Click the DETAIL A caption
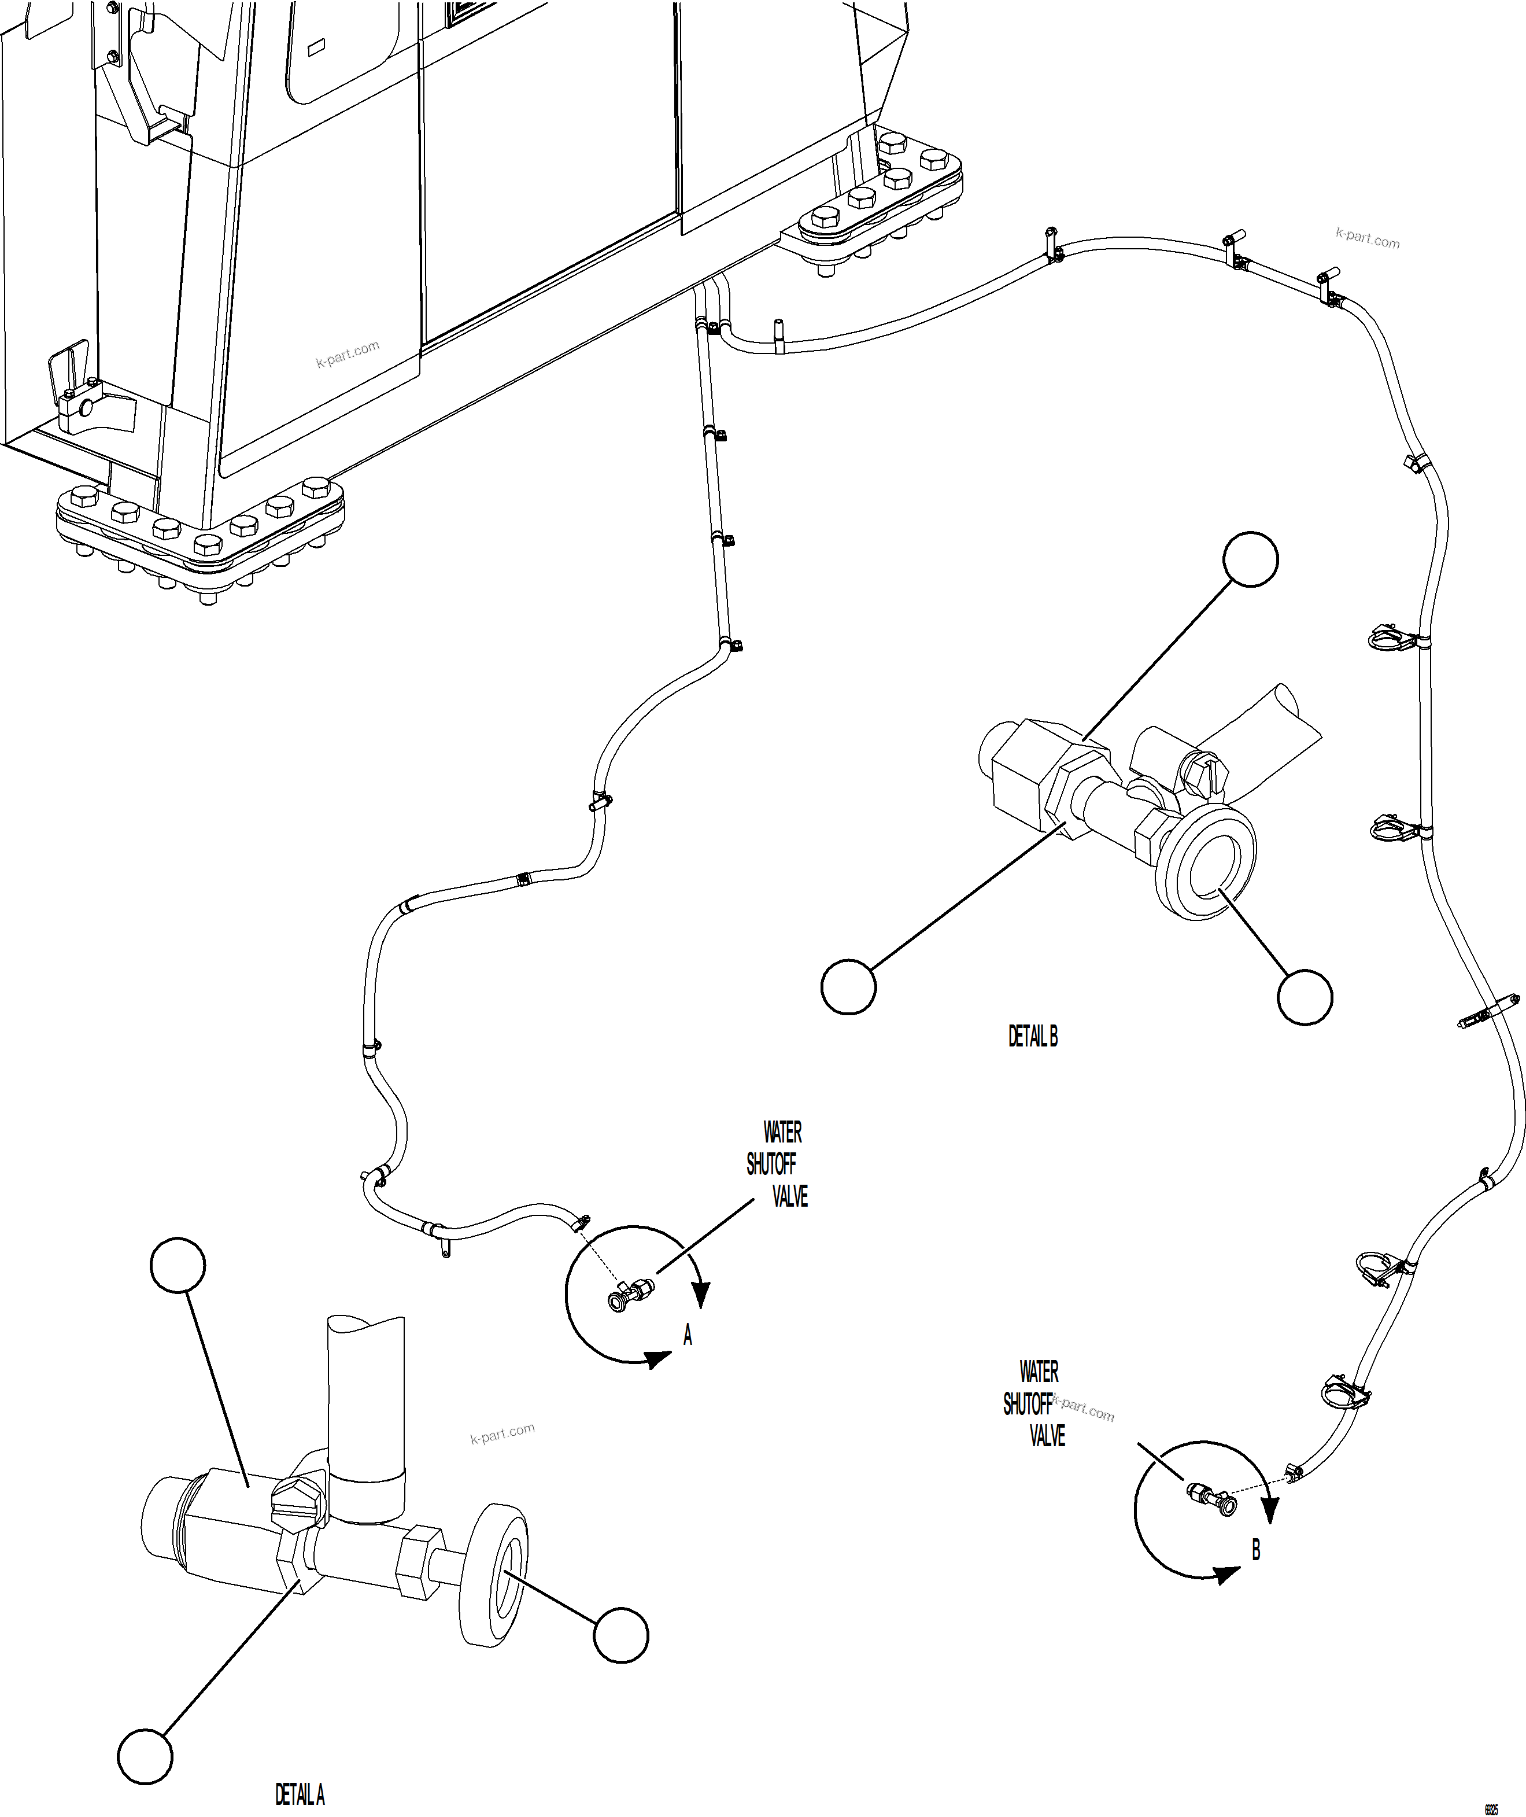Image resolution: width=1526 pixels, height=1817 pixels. [x=300, y=1794]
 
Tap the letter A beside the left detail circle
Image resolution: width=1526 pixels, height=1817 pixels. [x=688, y=1335]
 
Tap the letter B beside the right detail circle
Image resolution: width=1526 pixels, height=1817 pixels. [x=1256, y=1550]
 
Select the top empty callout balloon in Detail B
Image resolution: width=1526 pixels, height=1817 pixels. [x=1250, y=560]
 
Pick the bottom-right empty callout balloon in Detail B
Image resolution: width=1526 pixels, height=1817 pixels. [x=1305, y=998]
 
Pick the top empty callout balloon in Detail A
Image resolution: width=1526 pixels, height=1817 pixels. [x=178, y=1266]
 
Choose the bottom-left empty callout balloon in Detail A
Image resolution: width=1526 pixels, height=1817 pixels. [x=145, y=1756]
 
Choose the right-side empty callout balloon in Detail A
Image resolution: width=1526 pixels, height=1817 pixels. [x=621, y=1635]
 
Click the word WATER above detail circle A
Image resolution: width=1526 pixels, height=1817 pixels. [x=782, y=1132]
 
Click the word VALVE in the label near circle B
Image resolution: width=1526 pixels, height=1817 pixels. [x=1047, y=1436]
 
